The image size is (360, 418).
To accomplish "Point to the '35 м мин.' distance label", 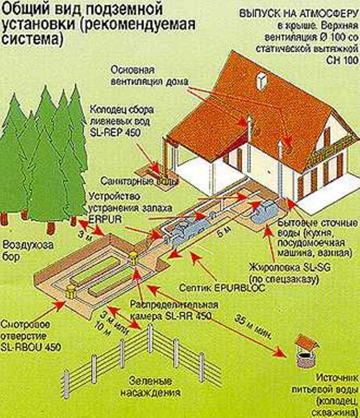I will (x=255, y=326).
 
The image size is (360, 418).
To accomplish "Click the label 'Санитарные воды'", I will (x=139, y=181).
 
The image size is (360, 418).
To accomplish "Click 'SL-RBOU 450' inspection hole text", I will (x=31, y=347).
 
